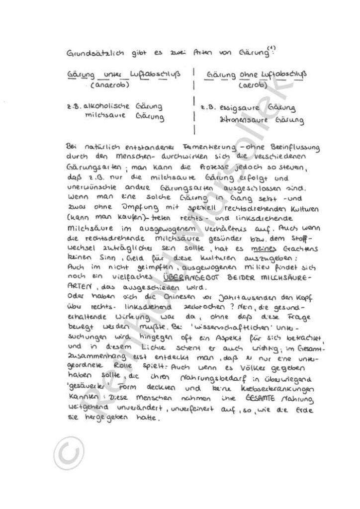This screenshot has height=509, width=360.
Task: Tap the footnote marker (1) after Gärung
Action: [271, 47]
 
